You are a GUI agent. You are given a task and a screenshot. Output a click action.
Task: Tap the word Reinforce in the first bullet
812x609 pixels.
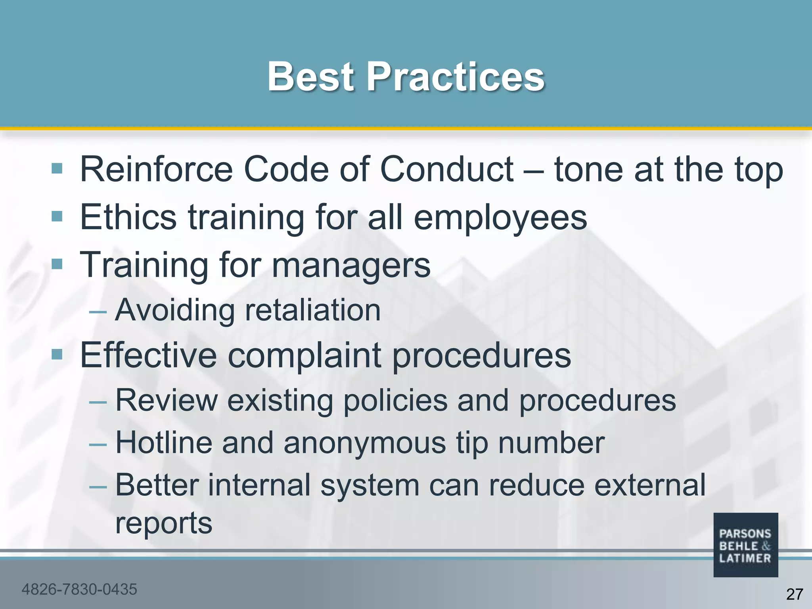coord(156,169)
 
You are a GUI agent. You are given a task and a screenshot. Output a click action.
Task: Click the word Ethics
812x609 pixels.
coord(128,217)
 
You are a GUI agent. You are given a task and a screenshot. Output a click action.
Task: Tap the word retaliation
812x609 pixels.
coord(313,310)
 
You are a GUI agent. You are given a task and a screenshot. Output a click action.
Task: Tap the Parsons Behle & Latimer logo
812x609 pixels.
coord(745,545)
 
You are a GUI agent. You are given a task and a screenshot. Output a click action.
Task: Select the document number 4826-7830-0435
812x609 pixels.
coord(79,589)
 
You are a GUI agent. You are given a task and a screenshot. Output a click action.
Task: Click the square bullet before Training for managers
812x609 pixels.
coord(57,264)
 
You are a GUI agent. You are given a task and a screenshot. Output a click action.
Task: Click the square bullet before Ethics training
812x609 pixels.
coord(57,216)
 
